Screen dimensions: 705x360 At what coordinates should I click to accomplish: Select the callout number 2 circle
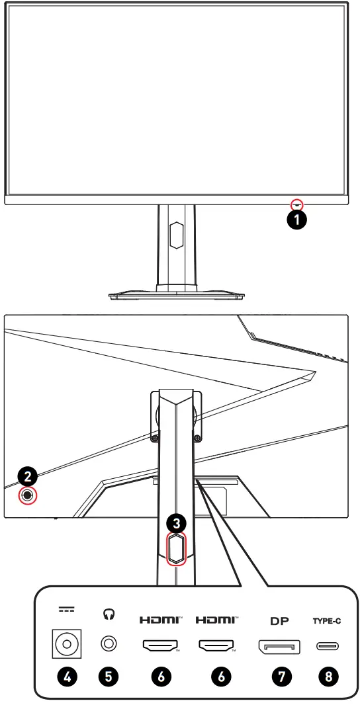26,476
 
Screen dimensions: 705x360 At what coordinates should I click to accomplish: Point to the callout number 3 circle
175,522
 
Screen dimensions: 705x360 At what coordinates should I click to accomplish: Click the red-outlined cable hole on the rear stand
175,548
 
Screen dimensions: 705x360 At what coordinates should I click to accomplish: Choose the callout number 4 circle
66,675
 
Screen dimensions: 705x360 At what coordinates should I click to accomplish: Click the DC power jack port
66,642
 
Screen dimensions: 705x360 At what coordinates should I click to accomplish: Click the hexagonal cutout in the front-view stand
176,235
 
